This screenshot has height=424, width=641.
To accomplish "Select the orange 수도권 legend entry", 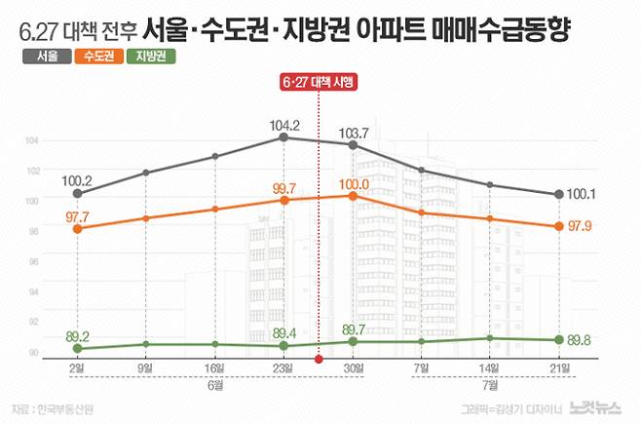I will point(97,57).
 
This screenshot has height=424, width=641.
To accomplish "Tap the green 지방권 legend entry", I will point(151,57).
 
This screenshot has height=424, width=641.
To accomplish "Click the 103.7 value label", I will point(353,132).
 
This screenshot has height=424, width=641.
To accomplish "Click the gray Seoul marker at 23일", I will point(283,137).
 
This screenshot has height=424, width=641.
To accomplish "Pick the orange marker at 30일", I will point(353,196).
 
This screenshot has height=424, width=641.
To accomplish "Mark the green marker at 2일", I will point(77,348).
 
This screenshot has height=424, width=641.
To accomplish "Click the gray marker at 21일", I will point(558,195).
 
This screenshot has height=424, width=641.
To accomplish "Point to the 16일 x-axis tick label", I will point(214,368).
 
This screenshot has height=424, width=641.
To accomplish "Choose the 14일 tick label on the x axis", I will point(489,368).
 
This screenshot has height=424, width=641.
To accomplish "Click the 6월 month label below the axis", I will point(214,386).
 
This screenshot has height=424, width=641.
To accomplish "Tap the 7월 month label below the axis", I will point(489,386).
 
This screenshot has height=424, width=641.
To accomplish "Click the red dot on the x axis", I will point(319,360).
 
